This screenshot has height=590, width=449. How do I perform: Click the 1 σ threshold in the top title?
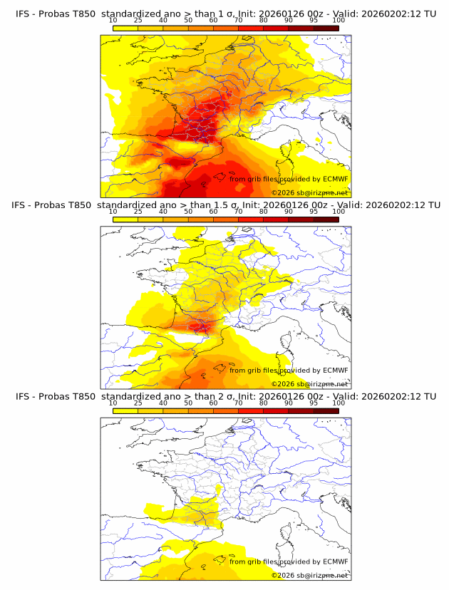(x=223, y=14)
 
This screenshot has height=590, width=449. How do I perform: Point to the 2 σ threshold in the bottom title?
(x=223, y=395)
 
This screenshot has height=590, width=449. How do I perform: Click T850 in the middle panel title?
(x=83, y=205)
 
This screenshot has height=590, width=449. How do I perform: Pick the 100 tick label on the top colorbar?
(x=339, y=20)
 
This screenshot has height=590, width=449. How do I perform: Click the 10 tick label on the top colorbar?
(x=113, y=20)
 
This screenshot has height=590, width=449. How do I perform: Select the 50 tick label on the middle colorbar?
(x=188, y=211)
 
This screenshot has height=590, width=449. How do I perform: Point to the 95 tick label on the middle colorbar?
(x=314, y=211)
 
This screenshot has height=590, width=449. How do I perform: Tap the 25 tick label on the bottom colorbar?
(x=138, y=403)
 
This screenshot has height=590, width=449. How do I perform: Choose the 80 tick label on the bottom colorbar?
(x=264, y=403)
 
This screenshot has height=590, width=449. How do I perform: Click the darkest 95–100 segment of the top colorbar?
(x=326, y=28)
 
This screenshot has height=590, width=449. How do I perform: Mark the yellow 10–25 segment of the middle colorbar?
(x=125, y=219)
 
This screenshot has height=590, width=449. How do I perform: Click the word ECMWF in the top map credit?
(x=335, y=179)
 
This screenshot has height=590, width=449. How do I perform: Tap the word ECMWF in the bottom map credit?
(x=335, y=561)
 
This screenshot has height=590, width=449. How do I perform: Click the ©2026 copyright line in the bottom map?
(x=310, y=575)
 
